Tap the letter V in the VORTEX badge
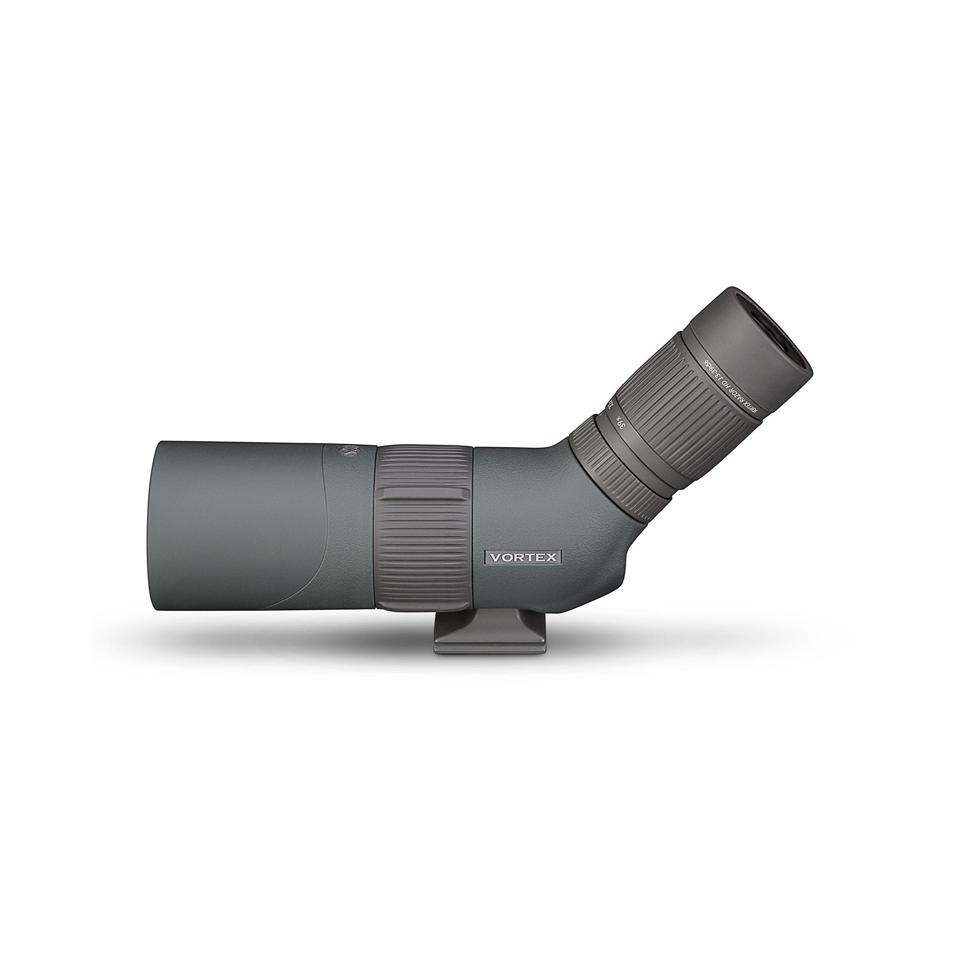(x=495, y=558)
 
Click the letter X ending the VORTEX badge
(x=552, y=558)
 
